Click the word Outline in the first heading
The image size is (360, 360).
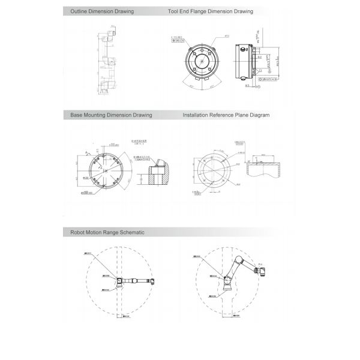click(79, 11)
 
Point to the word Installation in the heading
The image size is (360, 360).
click(197, 115)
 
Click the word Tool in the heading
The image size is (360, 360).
click(175, 11)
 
